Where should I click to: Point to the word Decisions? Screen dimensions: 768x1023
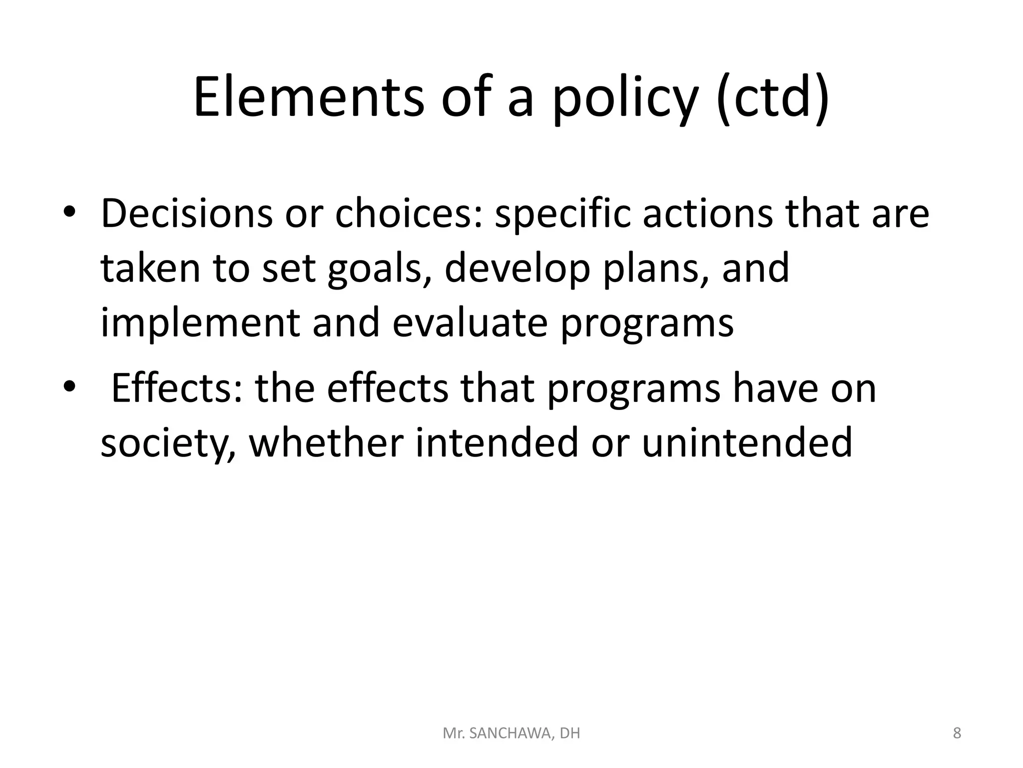point(186,213)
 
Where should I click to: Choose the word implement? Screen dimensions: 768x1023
point(200,322)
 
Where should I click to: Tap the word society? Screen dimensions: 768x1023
point(168,443)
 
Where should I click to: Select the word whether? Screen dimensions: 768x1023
point(326,442)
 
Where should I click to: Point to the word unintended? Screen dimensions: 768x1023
point(747,442)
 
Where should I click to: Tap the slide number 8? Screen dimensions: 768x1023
point(957,733)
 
